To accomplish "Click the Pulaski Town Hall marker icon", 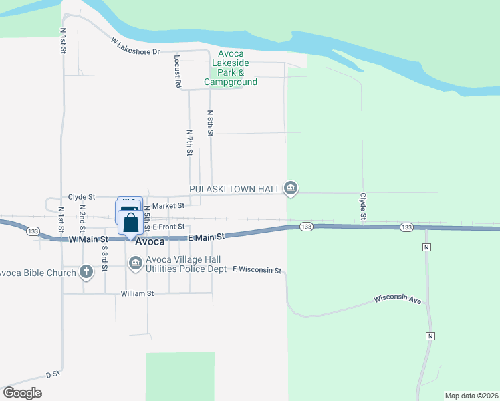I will [x=290, y=189].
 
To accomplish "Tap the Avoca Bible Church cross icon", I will [x=86, y=272].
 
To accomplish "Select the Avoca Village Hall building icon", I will [x=135, y=265].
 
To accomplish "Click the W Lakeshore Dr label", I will [x=136, y=46].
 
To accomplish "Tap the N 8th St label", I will [x=210, y=122].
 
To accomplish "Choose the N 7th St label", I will [x=189, y=143].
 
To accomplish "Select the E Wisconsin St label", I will [x=257, y=269].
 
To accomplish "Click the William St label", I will [x=137, y=293].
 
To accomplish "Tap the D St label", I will [x=53, y=375].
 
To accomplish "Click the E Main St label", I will [x=205, y=237].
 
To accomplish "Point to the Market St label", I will [x=168, y=207].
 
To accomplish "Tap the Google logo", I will [x=22, y=392].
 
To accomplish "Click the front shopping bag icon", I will [x=131, y=224].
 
